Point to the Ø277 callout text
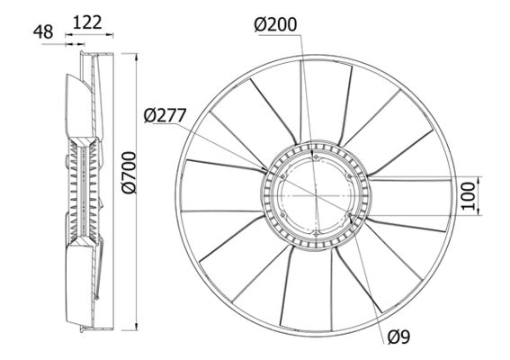pos(166,114)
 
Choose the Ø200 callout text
pos(278,26)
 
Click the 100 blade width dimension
pos(466,194)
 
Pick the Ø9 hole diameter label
pos(401,337)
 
